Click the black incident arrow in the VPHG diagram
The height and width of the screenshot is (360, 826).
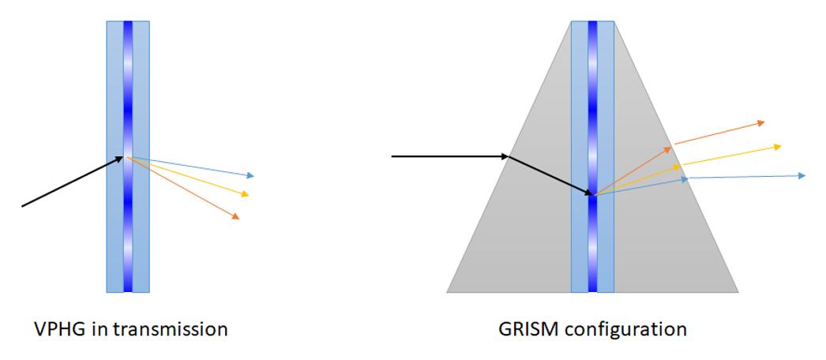pos(73,182)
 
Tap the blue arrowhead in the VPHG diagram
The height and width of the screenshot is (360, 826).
pos(250,175)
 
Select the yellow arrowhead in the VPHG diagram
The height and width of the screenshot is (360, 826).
pos(245,194)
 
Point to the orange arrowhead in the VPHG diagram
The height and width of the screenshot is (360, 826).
pos(235,216)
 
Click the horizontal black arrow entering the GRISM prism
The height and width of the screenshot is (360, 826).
pos(450,156)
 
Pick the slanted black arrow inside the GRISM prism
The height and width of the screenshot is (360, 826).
pos(550,176)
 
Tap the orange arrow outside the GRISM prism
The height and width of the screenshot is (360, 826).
pos(719,133)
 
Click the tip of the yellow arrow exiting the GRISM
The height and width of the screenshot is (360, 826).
pos(781,146)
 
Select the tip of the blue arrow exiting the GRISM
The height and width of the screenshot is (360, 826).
pos(805,175)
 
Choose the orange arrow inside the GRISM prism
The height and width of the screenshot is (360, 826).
pos(633,171)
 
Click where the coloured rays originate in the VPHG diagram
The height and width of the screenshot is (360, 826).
pos(127,157)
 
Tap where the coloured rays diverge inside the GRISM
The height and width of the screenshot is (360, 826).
pos(594,196)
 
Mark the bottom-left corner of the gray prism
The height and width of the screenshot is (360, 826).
pos(447,292)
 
